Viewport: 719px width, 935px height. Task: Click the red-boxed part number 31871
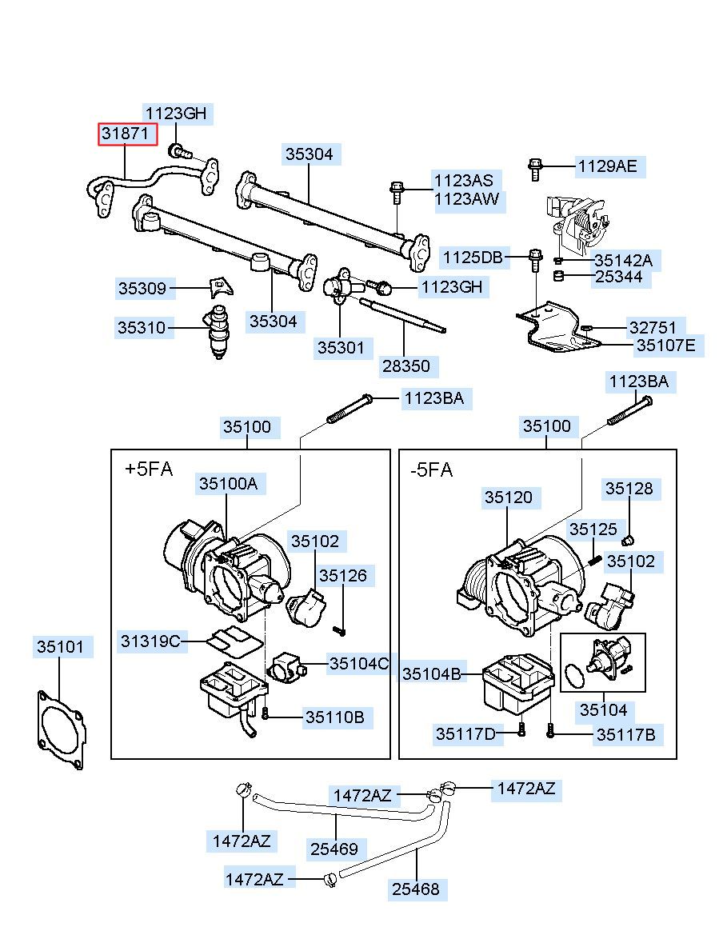coord(128,134)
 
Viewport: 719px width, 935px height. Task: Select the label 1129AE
coord(608,166)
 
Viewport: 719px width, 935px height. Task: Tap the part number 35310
coord(142,327)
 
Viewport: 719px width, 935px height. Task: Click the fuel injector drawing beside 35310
coord(219,332)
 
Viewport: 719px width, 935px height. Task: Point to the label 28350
coord(406,366)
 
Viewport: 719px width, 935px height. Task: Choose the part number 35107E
coord(666,346)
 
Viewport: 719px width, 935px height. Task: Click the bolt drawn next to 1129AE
coord(535,169)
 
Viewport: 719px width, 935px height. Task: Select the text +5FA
coord(149,469)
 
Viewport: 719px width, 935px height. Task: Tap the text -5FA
coord(432,469)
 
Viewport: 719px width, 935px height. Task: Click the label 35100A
coord(229,483)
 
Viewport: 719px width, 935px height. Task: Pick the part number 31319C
coord(150,641)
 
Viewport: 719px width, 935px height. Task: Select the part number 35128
coord(629,489)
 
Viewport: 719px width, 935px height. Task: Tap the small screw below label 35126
coord(341,629)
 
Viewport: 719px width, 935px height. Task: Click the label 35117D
coord(465,734)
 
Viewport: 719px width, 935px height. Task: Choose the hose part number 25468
coord(416,889)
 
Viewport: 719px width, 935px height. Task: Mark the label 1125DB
coord(473,258)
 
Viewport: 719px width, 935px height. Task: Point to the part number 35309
coord(142,288)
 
